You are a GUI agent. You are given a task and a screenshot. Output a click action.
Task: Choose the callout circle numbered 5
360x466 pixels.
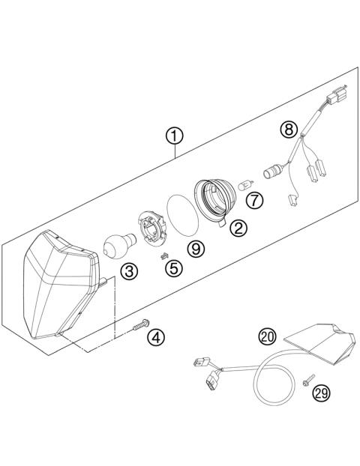coord(173,267)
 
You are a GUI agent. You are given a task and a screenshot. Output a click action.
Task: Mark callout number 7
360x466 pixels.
coord(255,200)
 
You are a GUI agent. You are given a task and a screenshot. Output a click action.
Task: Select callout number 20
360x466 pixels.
coord(267,336)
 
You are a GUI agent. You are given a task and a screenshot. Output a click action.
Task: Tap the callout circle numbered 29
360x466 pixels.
coord(322,391)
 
